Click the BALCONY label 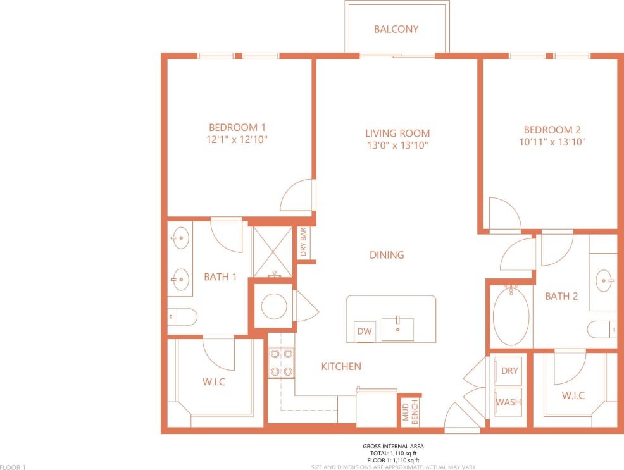point(396,29)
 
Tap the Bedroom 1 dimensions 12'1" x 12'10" point(237,140)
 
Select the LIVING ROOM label point(397,133)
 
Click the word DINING point(387,255)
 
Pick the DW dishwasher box point(365,331)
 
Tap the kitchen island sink point(397,330)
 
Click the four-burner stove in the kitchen point(280,363)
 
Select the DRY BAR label point(303,243)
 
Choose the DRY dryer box point(509,371)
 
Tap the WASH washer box point(508,402)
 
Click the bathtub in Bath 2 point(511,315)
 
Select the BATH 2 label point(561,295)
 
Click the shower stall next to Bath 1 point(273,250)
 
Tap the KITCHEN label point(341,366)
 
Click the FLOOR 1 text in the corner point(13,467)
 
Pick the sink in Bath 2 point(604,278)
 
